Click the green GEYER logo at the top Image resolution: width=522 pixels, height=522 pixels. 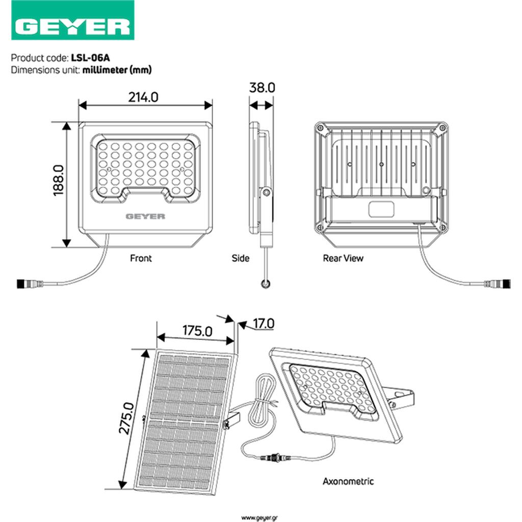click(x=72, y=20)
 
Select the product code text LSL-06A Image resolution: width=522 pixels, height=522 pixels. click(x=90, y=58)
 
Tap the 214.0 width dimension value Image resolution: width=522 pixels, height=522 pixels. click(x=143, y=97)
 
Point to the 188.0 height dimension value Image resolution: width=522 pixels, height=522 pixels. click(x=58, y=180)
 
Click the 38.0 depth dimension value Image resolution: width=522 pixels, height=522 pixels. click(x=262, y=88)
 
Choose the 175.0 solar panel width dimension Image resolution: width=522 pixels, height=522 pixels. click(x=197, y=330)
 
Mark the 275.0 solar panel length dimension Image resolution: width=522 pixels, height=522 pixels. click(x=126, y=418)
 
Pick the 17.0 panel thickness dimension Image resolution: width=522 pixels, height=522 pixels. click(x=264, y=323)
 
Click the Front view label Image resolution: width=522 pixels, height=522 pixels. click(x=141, y=258)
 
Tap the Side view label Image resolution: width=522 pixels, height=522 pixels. click(x=241, y=258)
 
